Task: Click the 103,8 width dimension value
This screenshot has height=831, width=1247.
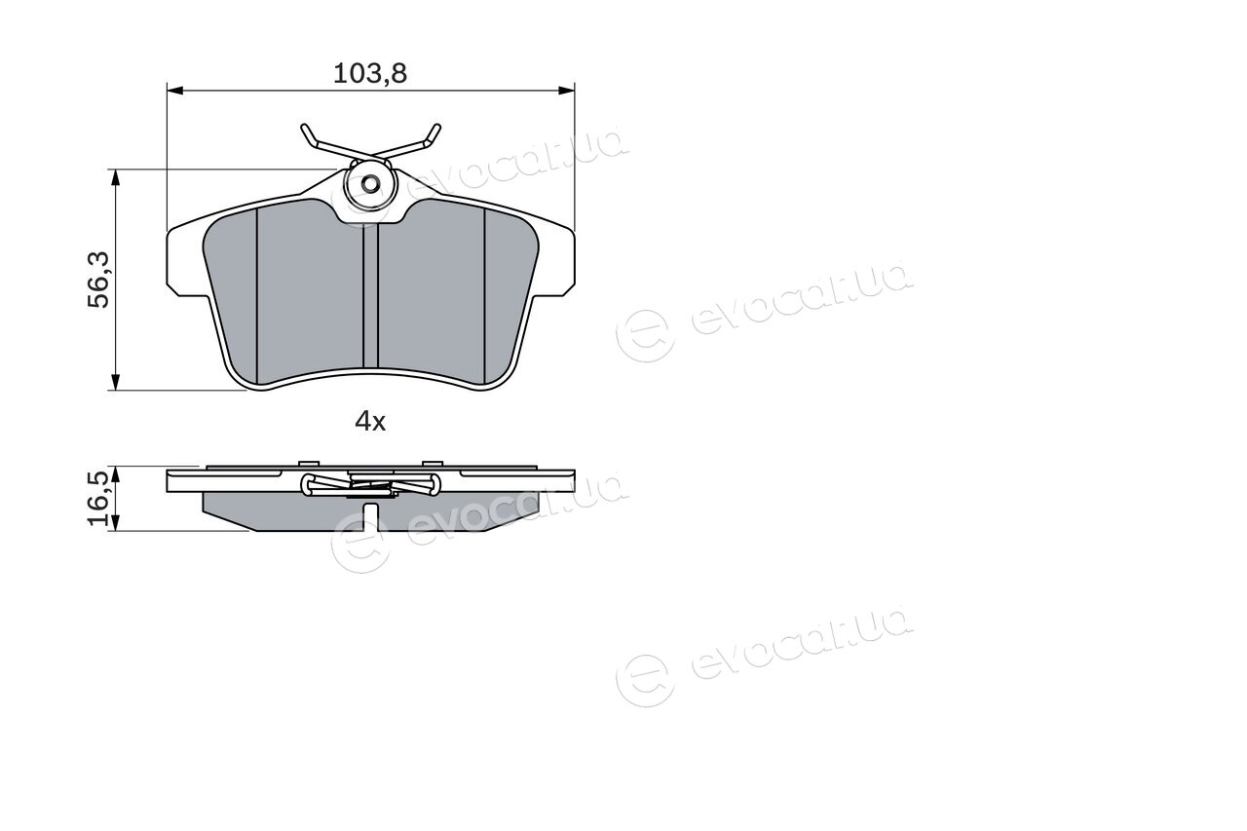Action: [x=370, y=73]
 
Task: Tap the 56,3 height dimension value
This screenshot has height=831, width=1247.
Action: [x=99, y=280]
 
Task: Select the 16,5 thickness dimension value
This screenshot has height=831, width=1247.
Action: [x=98, y=498]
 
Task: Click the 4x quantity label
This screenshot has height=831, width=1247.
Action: [x=370, y=421]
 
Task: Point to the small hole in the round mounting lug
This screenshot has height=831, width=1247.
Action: [x=370, y=183]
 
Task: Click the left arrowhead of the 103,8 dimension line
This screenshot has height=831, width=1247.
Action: [x=174, y=91]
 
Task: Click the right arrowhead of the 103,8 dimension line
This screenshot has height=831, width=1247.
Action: [x=567, y=91]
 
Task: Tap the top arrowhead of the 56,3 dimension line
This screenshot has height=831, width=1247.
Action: [x=115, y=177]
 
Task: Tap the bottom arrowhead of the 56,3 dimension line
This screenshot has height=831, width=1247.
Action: [x=115, y=382]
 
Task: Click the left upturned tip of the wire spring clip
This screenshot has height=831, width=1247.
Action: [x=304, y=128]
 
